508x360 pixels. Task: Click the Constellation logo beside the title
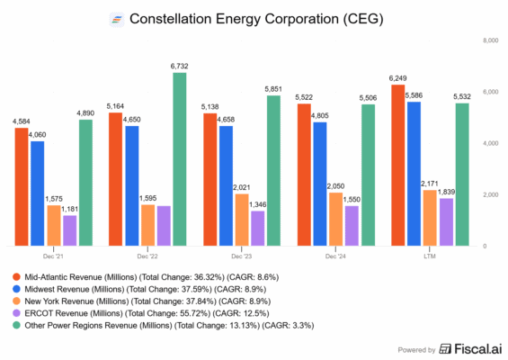(117, 18)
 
